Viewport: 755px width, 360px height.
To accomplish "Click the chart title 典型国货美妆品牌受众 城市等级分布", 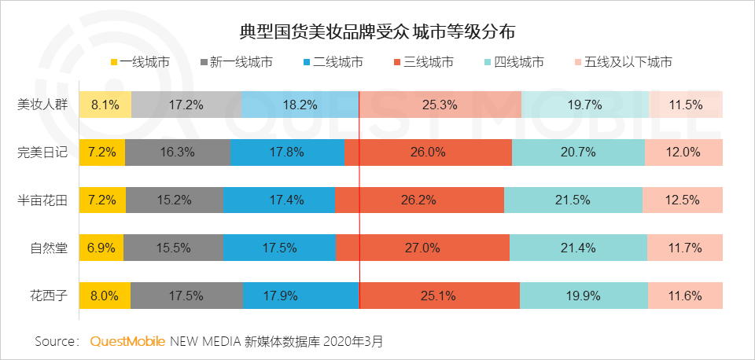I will coord(377,32).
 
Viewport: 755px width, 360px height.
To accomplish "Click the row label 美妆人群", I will coord(42,104).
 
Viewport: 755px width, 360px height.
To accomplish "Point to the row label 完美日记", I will coord(42,152).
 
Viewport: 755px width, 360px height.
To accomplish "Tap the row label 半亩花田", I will coord(42,200).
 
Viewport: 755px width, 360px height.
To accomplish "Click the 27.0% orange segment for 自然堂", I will coord(422,248).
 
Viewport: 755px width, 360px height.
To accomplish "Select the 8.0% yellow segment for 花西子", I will coord(105,296).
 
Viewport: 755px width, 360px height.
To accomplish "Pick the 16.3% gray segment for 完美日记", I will coord(178,152).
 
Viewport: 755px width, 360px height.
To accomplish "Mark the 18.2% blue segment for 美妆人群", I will coord(300,104).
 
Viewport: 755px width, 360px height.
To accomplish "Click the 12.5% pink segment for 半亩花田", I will coord(682,200).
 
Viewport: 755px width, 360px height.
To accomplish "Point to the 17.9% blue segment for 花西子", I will coord(300,296).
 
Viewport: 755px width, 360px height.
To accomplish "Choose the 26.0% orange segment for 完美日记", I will coord(427,152).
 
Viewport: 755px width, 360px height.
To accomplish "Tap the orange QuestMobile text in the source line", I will coord(127,342).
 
